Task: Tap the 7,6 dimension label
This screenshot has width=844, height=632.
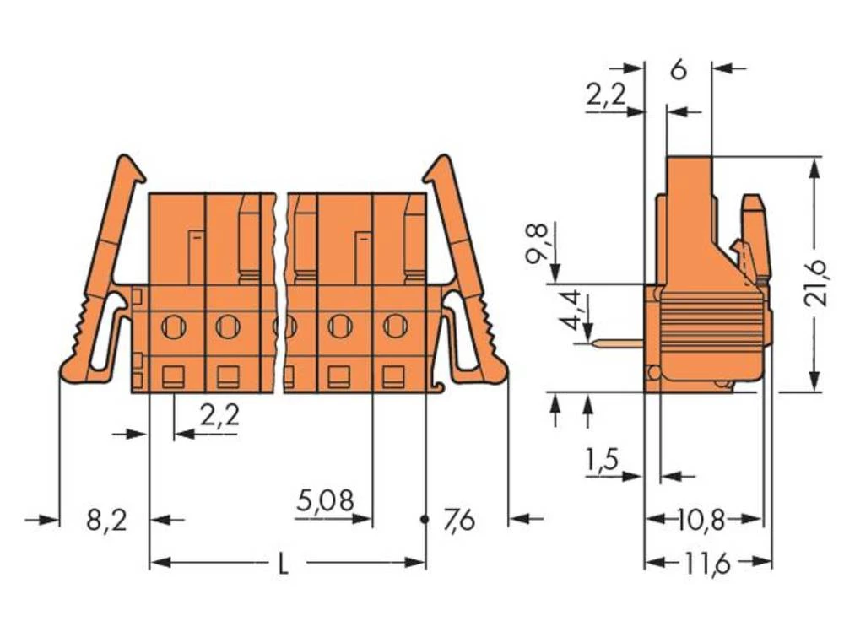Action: pos(459,521)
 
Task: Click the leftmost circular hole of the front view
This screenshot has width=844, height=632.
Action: pos(173,325)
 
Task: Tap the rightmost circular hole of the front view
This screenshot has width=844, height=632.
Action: pos(395,325)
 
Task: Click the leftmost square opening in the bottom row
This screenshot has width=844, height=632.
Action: pos(173,375)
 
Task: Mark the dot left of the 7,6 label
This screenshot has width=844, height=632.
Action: pos(425,520)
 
